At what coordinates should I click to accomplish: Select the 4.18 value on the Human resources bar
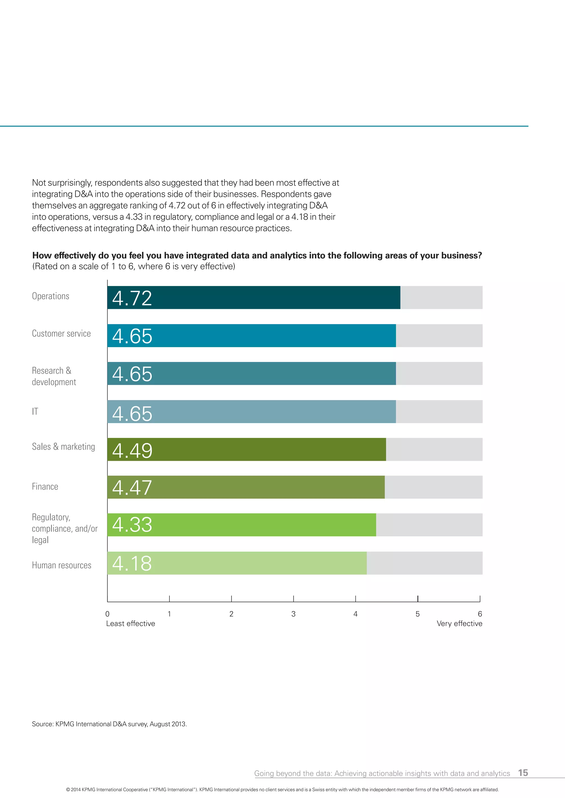132,564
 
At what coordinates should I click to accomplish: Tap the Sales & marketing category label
63,447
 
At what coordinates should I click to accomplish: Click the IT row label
35,411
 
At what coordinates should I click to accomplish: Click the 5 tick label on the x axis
417,614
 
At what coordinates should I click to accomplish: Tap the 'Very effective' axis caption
459,624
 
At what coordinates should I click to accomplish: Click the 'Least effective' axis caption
130,624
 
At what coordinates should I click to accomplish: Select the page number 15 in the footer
523,773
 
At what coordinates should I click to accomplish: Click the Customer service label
61,334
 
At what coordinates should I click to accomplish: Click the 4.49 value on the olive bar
132,451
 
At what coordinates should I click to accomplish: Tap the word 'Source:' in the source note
42,724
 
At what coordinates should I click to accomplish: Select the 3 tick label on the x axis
293,614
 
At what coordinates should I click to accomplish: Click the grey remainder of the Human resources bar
425,563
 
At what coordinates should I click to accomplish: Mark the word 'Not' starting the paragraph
39,183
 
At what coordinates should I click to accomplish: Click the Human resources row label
62,565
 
